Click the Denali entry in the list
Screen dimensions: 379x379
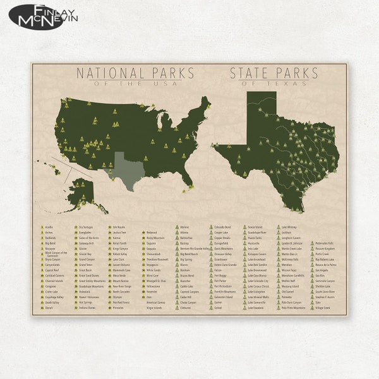tap(50, 308)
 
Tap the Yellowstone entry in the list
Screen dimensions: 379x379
tap(154, 285)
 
